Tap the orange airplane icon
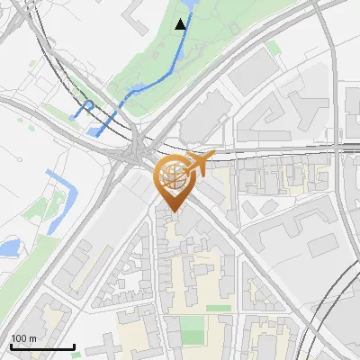coord(199,164)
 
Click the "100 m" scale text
coord(24,338)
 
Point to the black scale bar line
coord(42,346)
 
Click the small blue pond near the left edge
coord(10,245)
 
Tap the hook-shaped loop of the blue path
coord(87,107)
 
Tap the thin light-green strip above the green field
coord(217,308)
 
